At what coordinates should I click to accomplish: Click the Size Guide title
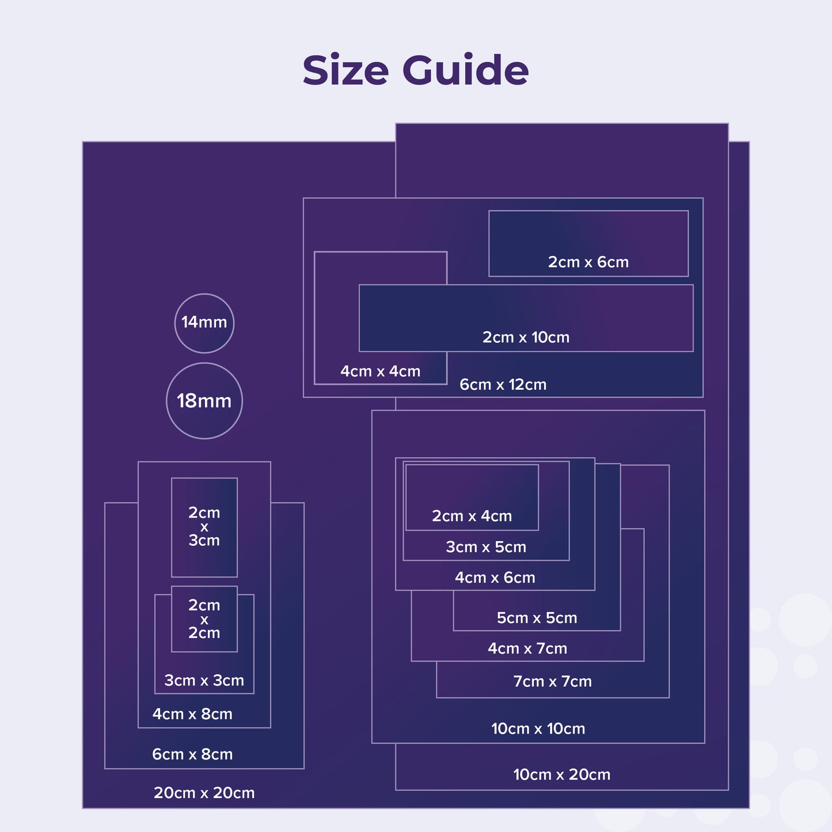tap(415, 70)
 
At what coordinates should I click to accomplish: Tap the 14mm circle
tap(204, 324)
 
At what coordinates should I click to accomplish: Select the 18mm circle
tap(204, 401)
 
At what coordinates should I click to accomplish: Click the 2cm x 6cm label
tap(588, 261)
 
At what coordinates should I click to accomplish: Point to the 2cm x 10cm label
tap(526, 337)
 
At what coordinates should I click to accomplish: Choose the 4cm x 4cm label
tap(381, 371)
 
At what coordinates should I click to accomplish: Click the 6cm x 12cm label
tap(503, 384)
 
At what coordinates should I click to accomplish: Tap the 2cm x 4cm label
tap(472, 515)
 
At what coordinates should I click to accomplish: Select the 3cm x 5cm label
tap(486, 546)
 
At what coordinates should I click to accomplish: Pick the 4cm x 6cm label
tap(495, 578)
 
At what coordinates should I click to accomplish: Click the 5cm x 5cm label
tap(537, 617)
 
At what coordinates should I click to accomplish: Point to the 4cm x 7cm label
tap(527, 648)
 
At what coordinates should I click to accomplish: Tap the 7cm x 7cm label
tap(552, 681)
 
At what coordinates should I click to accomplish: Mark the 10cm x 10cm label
tap(538, 728)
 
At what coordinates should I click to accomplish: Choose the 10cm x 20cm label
tap(562, 774)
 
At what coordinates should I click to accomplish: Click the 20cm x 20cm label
tap(204, 792)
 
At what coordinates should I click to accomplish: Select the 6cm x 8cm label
tap(192, 754)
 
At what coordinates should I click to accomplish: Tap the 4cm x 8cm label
tap(192, 714)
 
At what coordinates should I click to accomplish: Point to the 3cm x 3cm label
tap(204, 680)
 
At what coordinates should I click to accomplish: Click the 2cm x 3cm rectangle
tap(204, 527)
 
